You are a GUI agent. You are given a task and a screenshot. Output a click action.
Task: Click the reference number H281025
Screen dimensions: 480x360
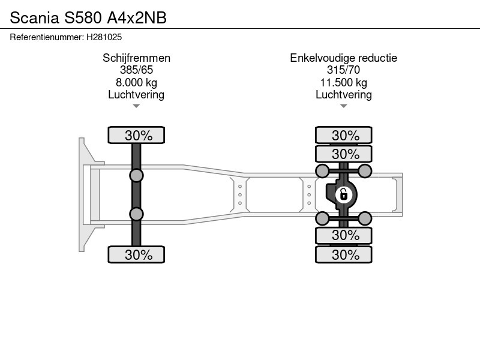104,37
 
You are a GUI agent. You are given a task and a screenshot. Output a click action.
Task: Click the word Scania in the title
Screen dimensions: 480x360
35,18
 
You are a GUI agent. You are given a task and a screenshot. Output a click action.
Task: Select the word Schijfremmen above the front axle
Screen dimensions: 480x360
137,58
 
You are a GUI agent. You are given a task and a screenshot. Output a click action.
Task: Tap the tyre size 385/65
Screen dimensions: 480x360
137,70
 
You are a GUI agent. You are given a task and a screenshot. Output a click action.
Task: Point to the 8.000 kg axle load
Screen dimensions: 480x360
137,82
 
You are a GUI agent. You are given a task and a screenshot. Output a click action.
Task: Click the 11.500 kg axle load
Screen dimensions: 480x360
344,82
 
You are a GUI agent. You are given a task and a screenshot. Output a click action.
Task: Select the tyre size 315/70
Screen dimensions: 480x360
343,70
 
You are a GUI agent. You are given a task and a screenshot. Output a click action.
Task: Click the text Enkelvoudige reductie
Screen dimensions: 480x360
343,58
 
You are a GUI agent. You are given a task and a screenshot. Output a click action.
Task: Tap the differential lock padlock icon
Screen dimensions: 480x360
343,194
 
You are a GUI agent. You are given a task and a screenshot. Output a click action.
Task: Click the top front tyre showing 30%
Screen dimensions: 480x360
136,135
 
